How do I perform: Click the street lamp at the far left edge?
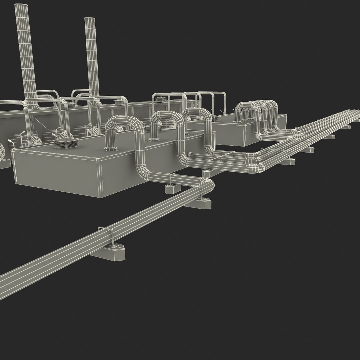11,143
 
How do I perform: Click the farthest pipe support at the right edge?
347,127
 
